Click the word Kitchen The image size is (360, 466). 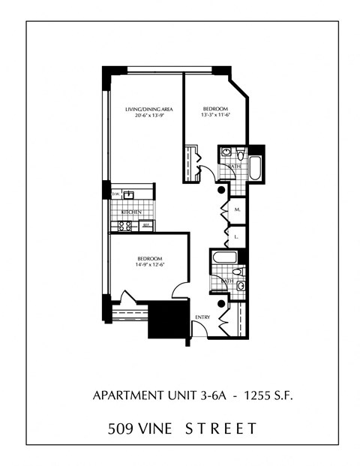(131, 212)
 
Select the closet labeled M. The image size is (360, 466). (237, 210)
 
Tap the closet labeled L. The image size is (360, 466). (237, 237)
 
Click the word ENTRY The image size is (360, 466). (202, 317)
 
